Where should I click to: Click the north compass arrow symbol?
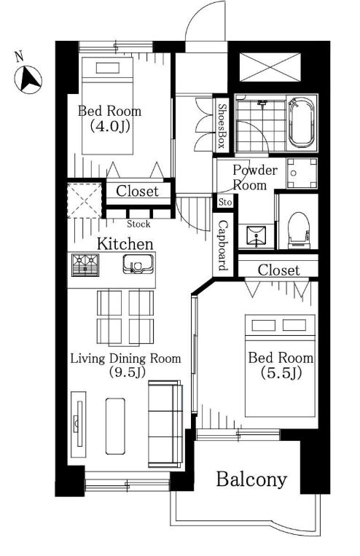[x=28, y=80]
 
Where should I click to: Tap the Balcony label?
[x=251, y=479]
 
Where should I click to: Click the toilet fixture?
[x=299, y=230]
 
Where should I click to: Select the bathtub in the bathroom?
[x=302, y=122]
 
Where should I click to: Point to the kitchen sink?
[x=138, y=264]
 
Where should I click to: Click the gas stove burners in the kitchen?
[x=85, y=265]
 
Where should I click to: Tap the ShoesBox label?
[x=222, y=126]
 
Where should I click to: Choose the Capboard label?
[x=223, y=246]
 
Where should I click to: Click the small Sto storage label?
[x=225, y=203]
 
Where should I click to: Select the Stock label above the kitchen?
[x=138, y=224]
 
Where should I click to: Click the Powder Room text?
[x=254, y=177]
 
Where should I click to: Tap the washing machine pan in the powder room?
[x=302, y=173]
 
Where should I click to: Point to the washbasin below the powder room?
[x=255, y=235]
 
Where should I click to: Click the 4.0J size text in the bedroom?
[x=109, y=126]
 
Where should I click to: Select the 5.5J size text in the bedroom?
[x=281, y=372]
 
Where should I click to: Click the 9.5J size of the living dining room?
[x=127, y=372]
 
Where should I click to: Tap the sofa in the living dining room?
[x=165, y=423]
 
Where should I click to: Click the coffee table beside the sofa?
[x=115, y=426]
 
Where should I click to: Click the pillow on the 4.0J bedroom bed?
[x=107, y=68]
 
